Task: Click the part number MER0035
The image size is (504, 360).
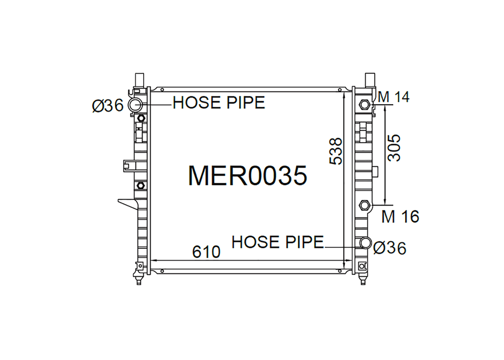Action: tap(248, 176)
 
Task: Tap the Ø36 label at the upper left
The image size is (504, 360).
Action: tap(108, 105)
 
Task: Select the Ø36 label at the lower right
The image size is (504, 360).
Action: tap(390, 248)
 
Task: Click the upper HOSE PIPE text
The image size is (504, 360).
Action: tap(219, 102)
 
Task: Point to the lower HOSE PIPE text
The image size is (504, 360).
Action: tap(278, 242)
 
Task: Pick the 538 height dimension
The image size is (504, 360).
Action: tap(336, 151)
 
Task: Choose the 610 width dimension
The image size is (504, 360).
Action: tap(206, 252)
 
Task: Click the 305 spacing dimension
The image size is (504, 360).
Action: tap(394, 148)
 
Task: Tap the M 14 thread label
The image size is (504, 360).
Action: tap(394, 97)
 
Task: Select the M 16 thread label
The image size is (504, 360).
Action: tap(400, 216)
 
